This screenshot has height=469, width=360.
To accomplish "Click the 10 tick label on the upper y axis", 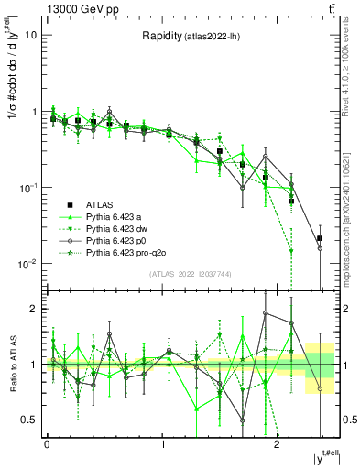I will point(30,36).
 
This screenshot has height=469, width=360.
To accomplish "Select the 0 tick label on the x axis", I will point(47,445).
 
